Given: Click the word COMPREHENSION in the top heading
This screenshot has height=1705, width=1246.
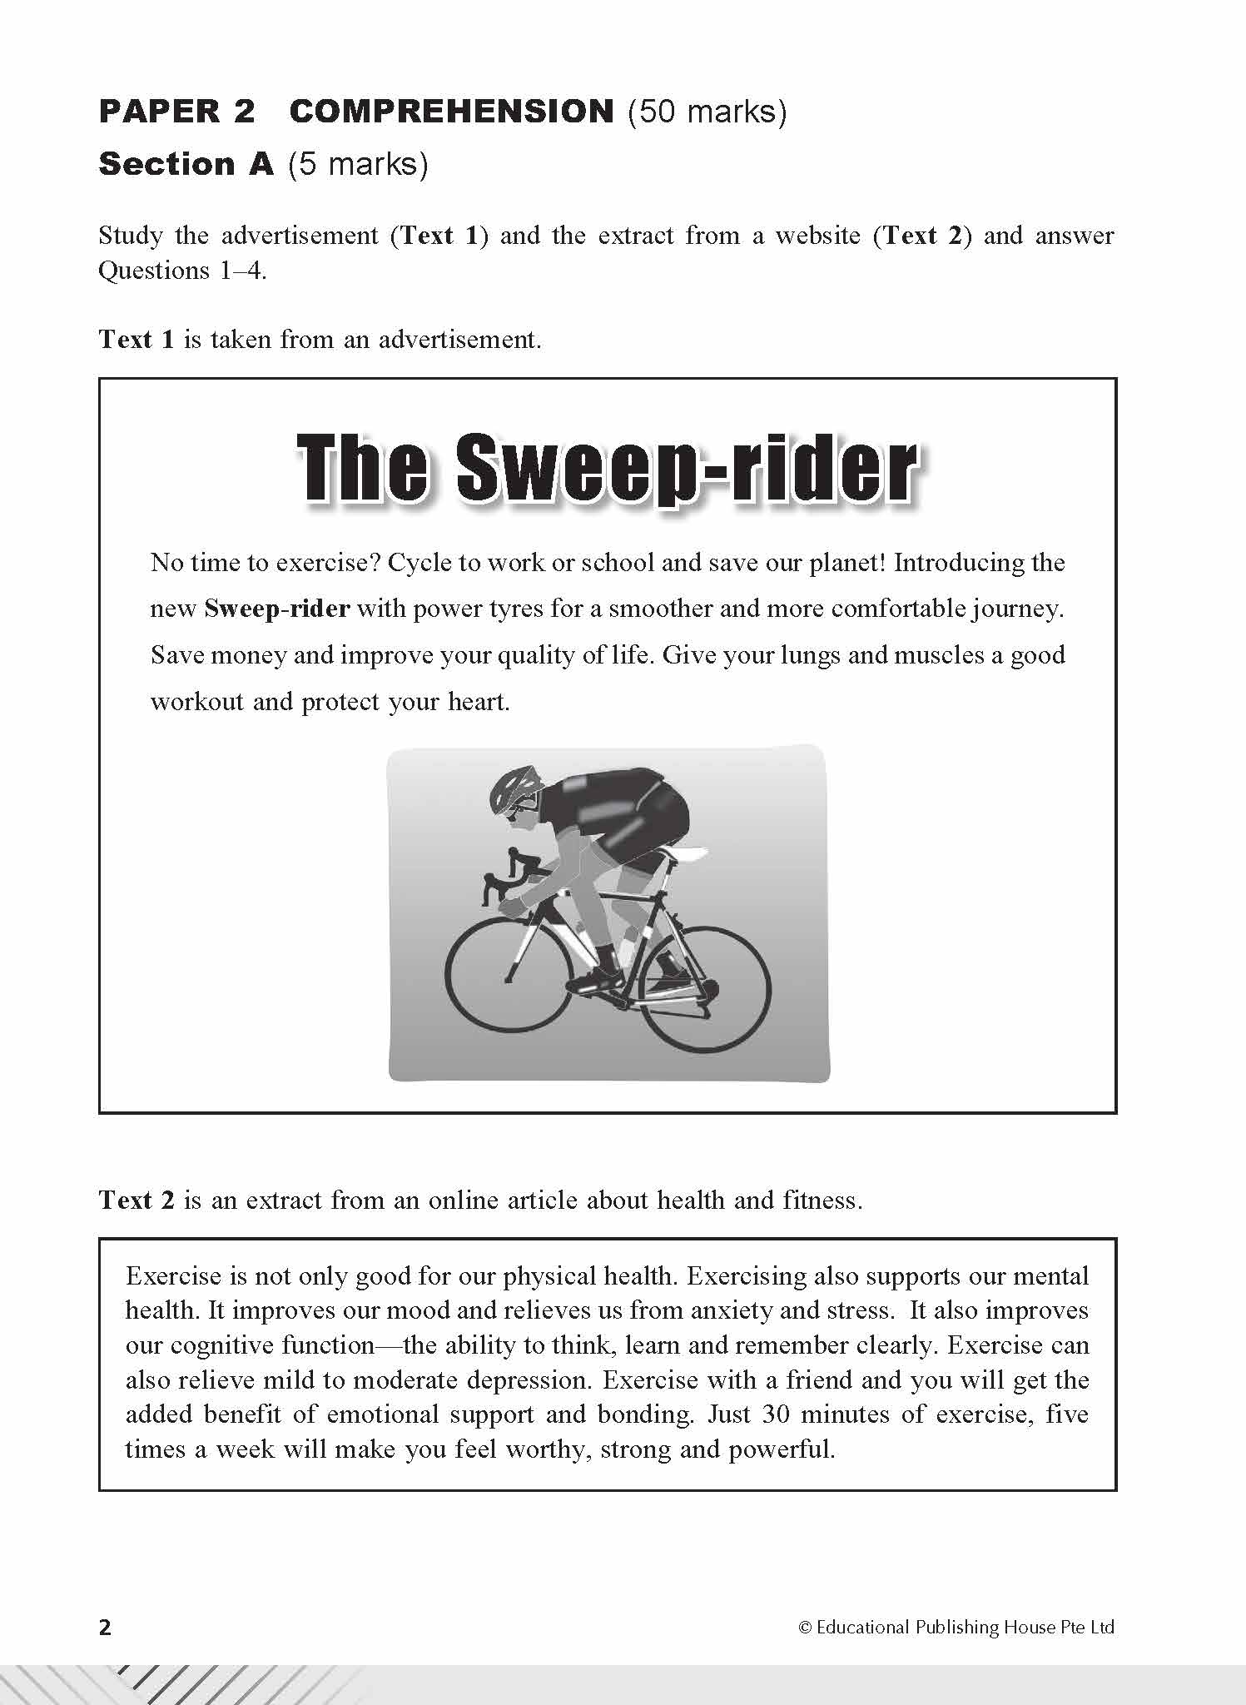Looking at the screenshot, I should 451,112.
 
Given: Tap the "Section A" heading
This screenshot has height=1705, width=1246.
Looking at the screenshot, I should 186,164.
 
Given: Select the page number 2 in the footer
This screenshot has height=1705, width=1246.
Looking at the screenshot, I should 105,1627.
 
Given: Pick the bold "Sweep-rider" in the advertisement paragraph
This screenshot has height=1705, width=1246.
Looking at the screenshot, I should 276,609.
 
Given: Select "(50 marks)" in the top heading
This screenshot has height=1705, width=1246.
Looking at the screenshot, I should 707,112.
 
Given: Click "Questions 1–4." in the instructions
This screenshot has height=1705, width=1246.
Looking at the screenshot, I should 182,271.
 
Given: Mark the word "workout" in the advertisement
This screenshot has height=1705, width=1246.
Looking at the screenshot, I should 196,702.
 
